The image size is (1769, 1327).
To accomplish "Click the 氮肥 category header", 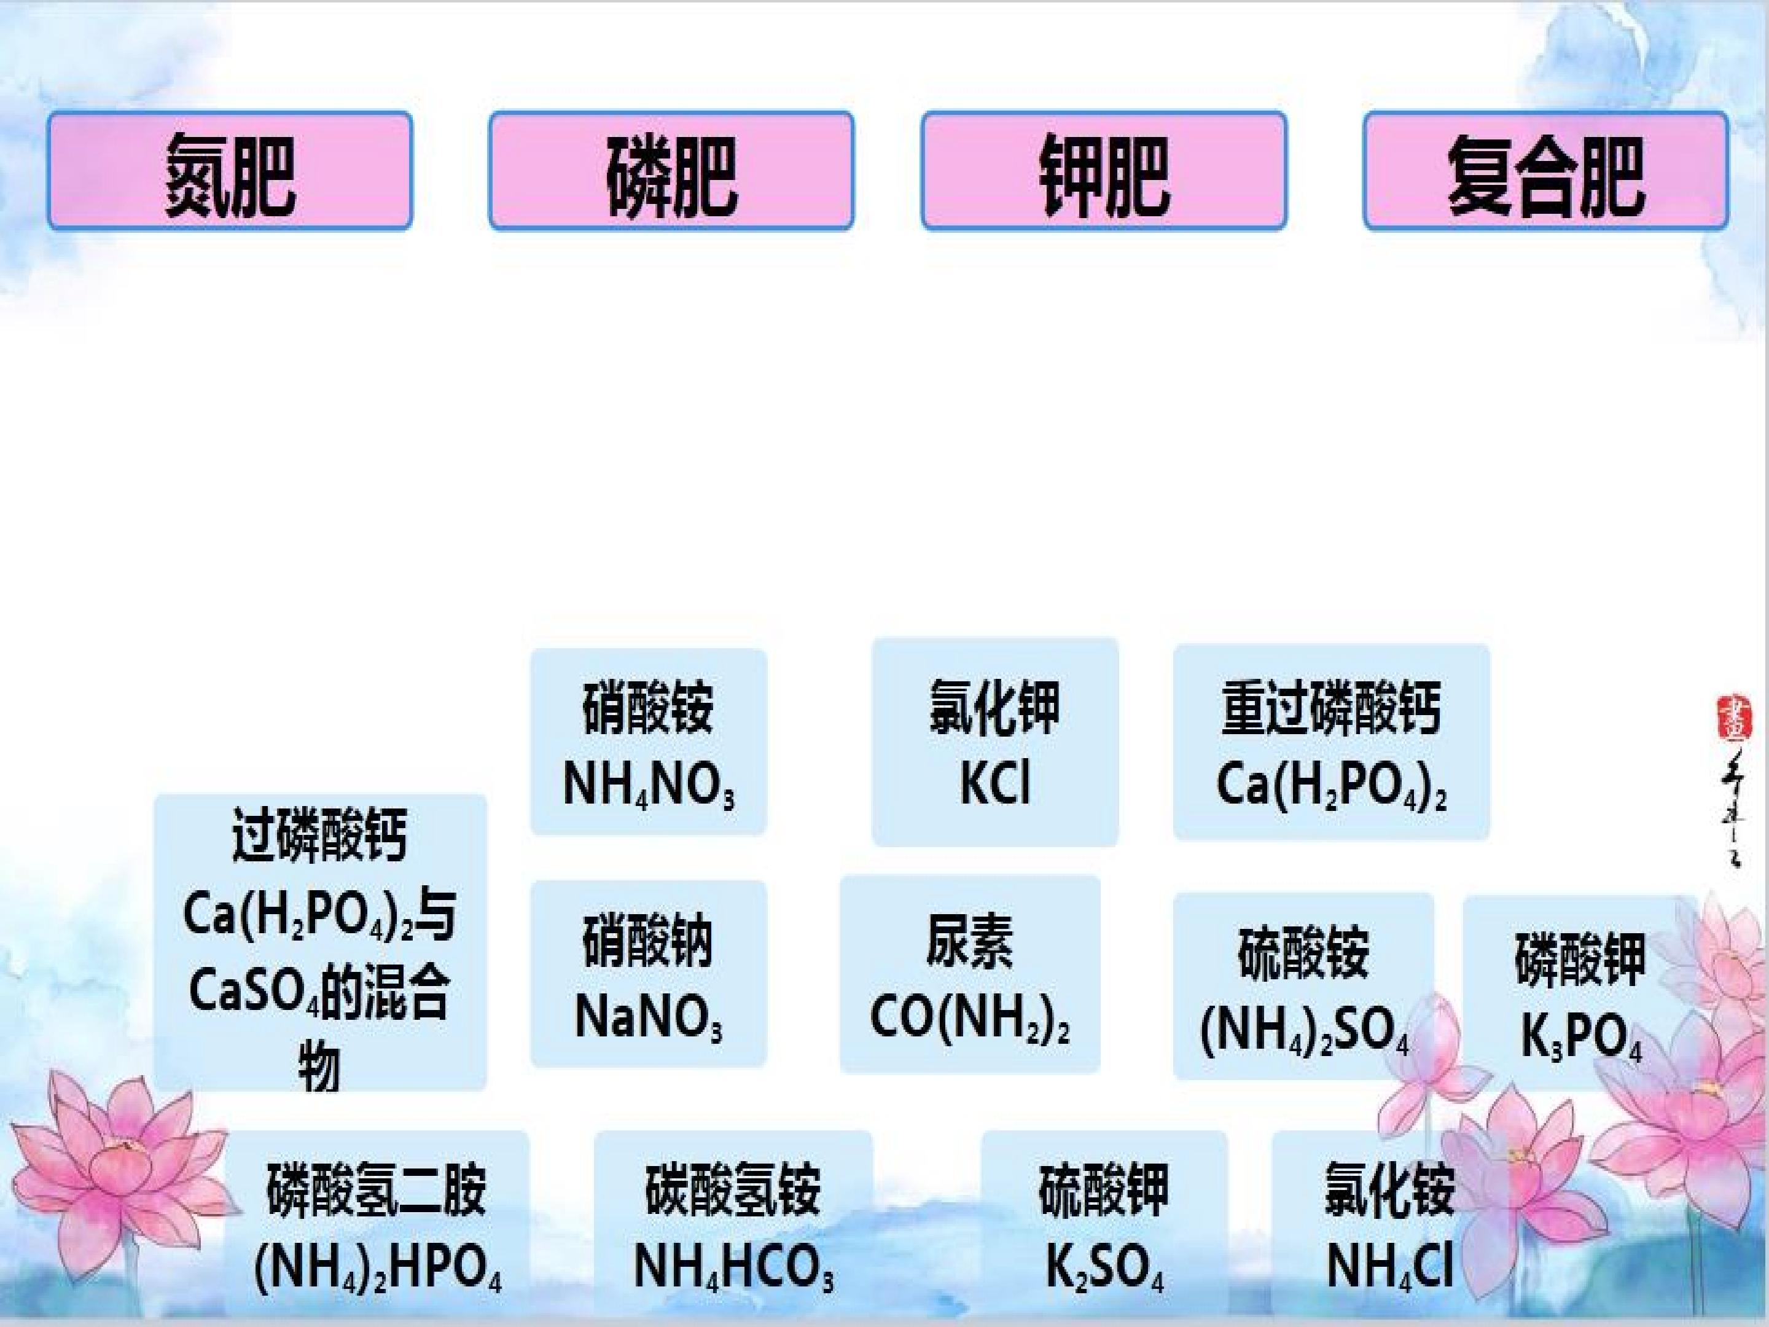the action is click(230, 171).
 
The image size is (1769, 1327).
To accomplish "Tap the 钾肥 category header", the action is click(1104, 171).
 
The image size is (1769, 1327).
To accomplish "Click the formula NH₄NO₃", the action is click(649, 785).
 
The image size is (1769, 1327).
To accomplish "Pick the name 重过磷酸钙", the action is click(1332, 708).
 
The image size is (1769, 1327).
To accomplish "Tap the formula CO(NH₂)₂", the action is click(969, 1018).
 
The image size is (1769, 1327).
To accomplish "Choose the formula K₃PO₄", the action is click(1581, 1036).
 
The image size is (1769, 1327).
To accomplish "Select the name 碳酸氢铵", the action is click(733, 1189).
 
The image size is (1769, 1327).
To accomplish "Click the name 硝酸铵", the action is click(649, 708).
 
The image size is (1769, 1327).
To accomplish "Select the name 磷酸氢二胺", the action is click(377, 1189).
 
